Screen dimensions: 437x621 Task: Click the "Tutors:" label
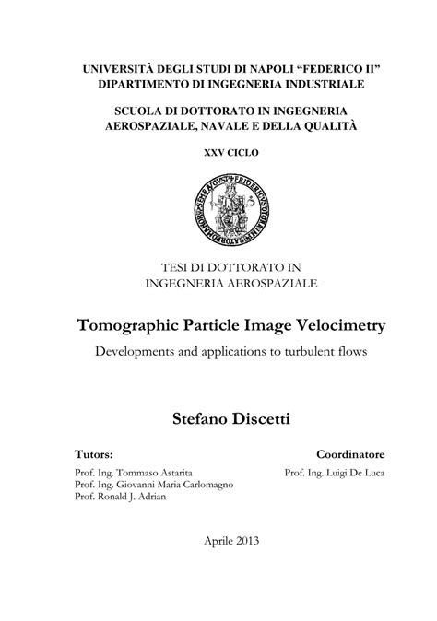point(94,454)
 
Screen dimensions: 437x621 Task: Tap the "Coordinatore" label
point(350,454)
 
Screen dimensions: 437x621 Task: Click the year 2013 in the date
point(250,541)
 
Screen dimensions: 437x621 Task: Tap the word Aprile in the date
point(219,541)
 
